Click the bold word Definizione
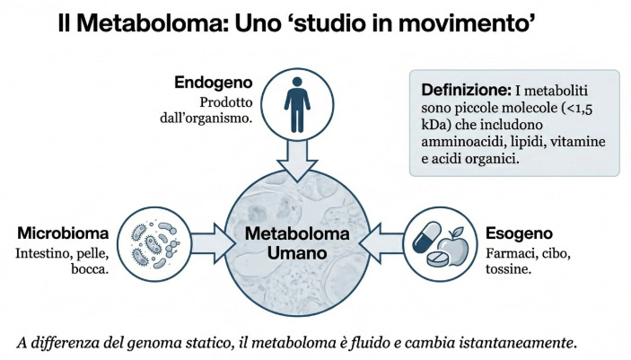pos(464,91)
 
